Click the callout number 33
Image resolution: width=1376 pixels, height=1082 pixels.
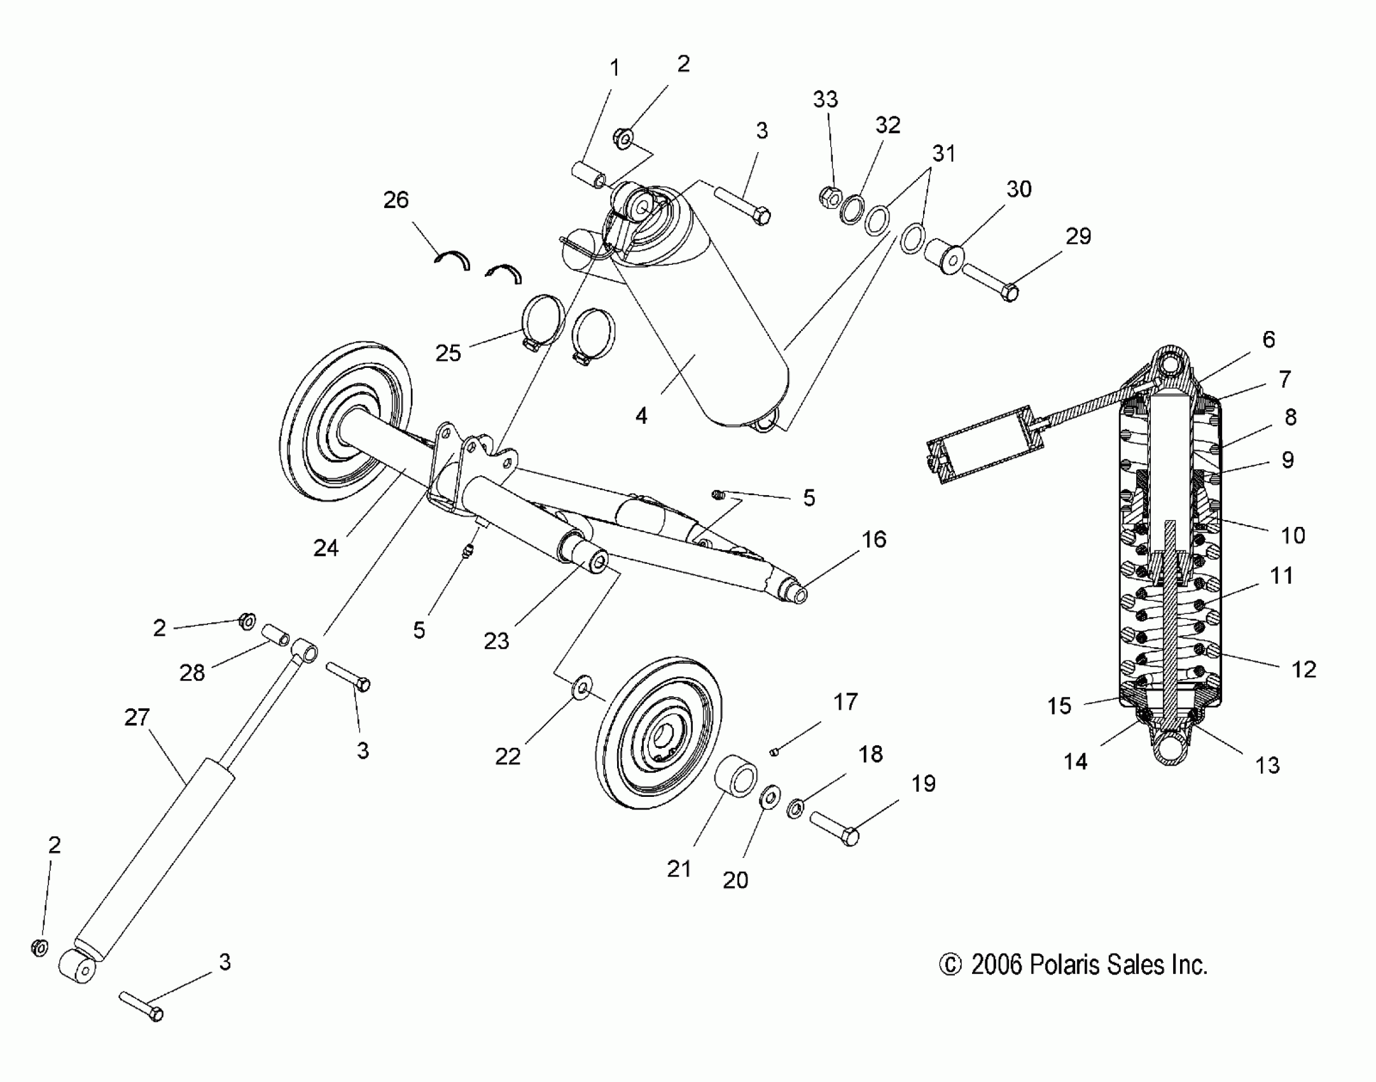[x=825, y=99]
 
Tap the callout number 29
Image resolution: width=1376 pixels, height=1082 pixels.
[x=1078, y=237]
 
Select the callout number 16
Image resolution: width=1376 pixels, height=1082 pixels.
[x=873, y=540]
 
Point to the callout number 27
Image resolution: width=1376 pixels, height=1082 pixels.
[x=137, y=718]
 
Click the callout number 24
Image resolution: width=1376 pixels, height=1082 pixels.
[x=326, y=548]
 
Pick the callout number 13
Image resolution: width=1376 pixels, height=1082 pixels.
[x=1267, y=765]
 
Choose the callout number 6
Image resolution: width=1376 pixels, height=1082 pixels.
[x=1268, y=340]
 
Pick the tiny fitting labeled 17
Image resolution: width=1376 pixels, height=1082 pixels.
[x=774, y=752]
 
